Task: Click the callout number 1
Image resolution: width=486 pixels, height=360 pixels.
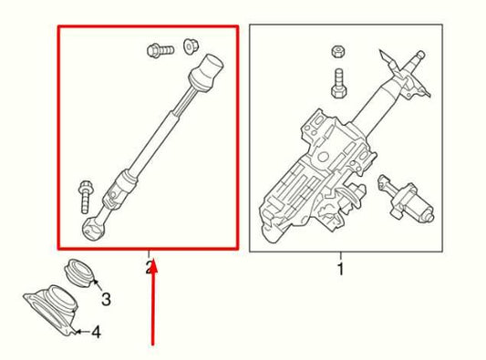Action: pos(340,269)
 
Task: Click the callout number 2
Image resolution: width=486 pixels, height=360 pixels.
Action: pos(148,267)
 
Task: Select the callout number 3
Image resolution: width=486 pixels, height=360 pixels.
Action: pos(106,298)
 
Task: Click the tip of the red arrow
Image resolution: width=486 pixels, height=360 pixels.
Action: pos(154,262)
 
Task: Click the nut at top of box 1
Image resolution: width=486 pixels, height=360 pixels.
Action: pos(337,53)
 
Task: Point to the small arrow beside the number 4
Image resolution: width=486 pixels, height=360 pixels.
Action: pos(80,332)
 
